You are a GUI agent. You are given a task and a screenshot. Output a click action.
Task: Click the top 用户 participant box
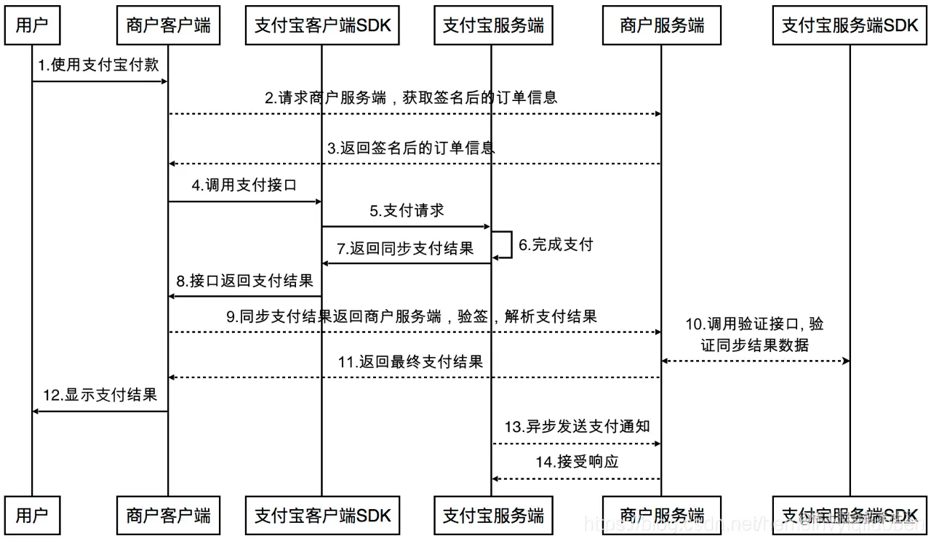(32, 26)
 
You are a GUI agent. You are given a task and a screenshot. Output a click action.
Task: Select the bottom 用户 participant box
(32, 516)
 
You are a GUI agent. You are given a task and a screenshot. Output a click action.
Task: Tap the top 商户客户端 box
(168, 26)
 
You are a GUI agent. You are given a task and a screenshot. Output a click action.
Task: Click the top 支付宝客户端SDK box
(322, 26)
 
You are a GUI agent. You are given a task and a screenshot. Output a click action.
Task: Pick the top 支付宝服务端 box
(493, 26)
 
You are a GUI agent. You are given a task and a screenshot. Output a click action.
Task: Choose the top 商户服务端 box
(662, 26)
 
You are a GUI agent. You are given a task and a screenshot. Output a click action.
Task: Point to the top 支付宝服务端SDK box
(850, 26)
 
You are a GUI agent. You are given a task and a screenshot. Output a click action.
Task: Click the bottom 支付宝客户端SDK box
(322, 516)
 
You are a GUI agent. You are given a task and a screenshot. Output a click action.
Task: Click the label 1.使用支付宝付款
(99, 65)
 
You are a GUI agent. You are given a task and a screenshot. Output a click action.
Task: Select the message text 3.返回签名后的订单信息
(411, 148)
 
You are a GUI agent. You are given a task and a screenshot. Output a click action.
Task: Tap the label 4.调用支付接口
(244, 185)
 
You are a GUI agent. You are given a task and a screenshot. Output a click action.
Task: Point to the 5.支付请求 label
(407, 211)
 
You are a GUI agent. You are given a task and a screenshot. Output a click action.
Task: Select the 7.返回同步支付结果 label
(405, 248)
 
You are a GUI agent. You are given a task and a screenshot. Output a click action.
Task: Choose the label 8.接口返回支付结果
(244, 281)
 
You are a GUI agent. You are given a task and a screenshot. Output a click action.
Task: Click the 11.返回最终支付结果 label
(411, 361)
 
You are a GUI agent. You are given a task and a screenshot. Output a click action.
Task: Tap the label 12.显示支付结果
(100, 396)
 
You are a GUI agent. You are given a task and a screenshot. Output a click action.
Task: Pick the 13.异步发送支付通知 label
(578, 427)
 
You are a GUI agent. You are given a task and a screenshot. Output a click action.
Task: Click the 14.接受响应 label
(578, 462)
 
